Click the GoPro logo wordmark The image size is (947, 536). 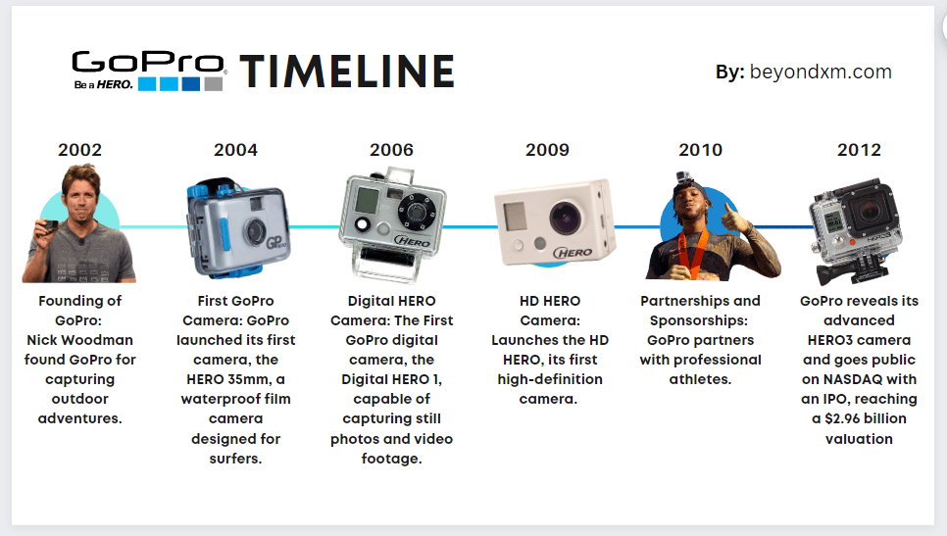tap(148, 63)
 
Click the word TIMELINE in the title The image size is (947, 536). tap(347, 72)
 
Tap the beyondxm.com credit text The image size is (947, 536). tap(821, 72)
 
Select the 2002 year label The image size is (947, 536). tap(79, 150)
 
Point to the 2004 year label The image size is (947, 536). tap(235, 150)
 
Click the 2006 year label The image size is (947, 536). tap(391, 150)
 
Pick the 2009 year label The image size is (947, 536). tap(547, 150)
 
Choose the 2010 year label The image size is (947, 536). tap(701, 150)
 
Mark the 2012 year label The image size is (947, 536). tap(859, 150)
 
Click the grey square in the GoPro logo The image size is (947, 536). tap(213, 84)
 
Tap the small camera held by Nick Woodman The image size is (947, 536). tap(46, 227)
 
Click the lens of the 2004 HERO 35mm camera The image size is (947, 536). tap(256, 230)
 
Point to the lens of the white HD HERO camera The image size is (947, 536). tap(565, 218)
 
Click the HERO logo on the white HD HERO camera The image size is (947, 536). tap(573, 252)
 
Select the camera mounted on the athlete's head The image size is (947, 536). tap(683, 176)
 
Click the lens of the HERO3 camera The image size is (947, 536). tap(870, 210)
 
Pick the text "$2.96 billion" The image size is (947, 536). tap(866, 418)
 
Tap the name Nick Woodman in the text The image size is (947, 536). tap(79, 340)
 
